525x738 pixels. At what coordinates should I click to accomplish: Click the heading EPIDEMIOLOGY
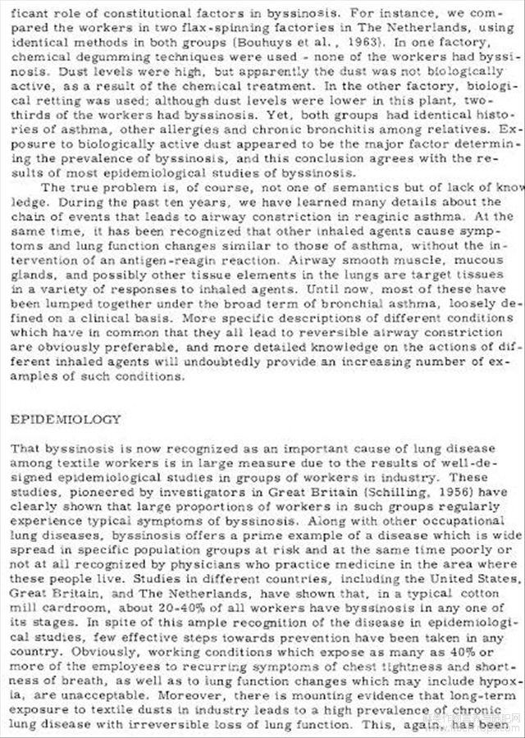coord(65,419)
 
